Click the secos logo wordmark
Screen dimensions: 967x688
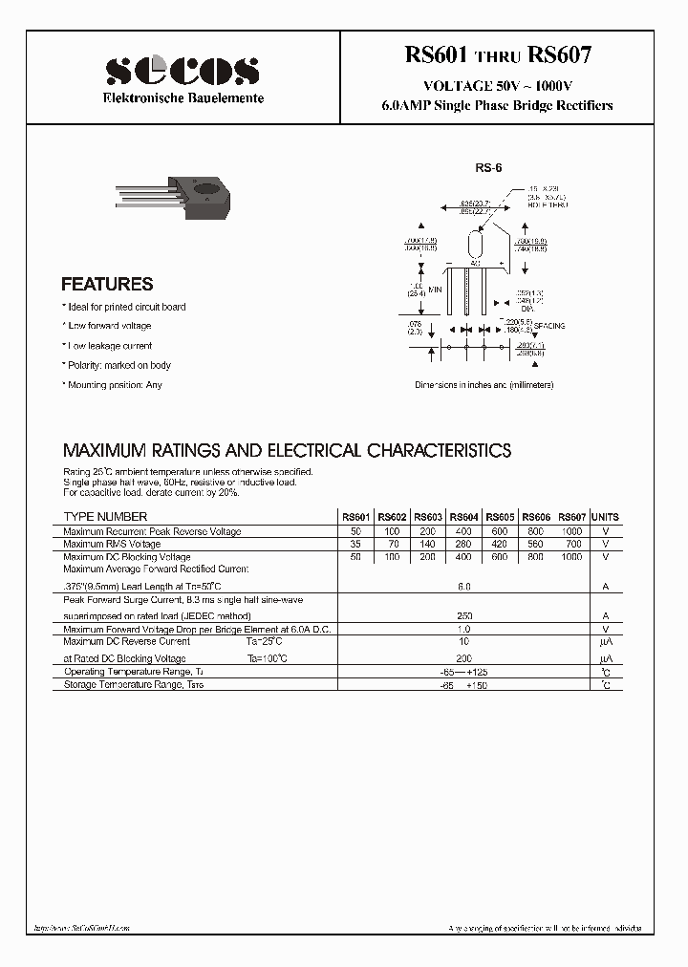pyautogui.click(x=183, y=70)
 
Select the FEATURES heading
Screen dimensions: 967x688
pyautogui.click(x=107, y=284)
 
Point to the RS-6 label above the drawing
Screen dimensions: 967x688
pyautogui.click(x=488, y=167)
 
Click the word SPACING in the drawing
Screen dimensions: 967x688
pyautogui.click(x=549, y=326)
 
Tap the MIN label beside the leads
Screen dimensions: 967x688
pyautogui.click(x=435, y=289)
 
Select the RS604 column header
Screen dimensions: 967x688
pyautogui.click(x=464, y=517)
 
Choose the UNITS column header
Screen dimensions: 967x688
pyautogui.click(x=605, y=517)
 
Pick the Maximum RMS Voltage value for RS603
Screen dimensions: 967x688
pyautogui.click(x=429, y=544)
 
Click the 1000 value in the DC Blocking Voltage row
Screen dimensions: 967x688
pyautogui.click(x=570, y=556)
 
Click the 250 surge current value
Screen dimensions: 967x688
pyautogui.click(x=464, y=616)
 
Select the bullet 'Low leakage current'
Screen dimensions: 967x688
pyautogui.click(x=108, y=346)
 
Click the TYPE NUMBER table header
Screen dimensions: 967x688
pyautogui.click(x=105, y=517)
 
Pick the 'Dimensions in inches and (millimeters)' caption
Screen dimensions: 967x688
pyautogui.click(x=484, y=385)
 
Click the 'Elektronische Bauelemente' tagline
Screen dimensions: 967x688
pyautogui.click(x=183, y=98)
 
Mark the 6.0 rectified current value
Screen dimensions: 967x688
pyautogui.click(x=464, y=586)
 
